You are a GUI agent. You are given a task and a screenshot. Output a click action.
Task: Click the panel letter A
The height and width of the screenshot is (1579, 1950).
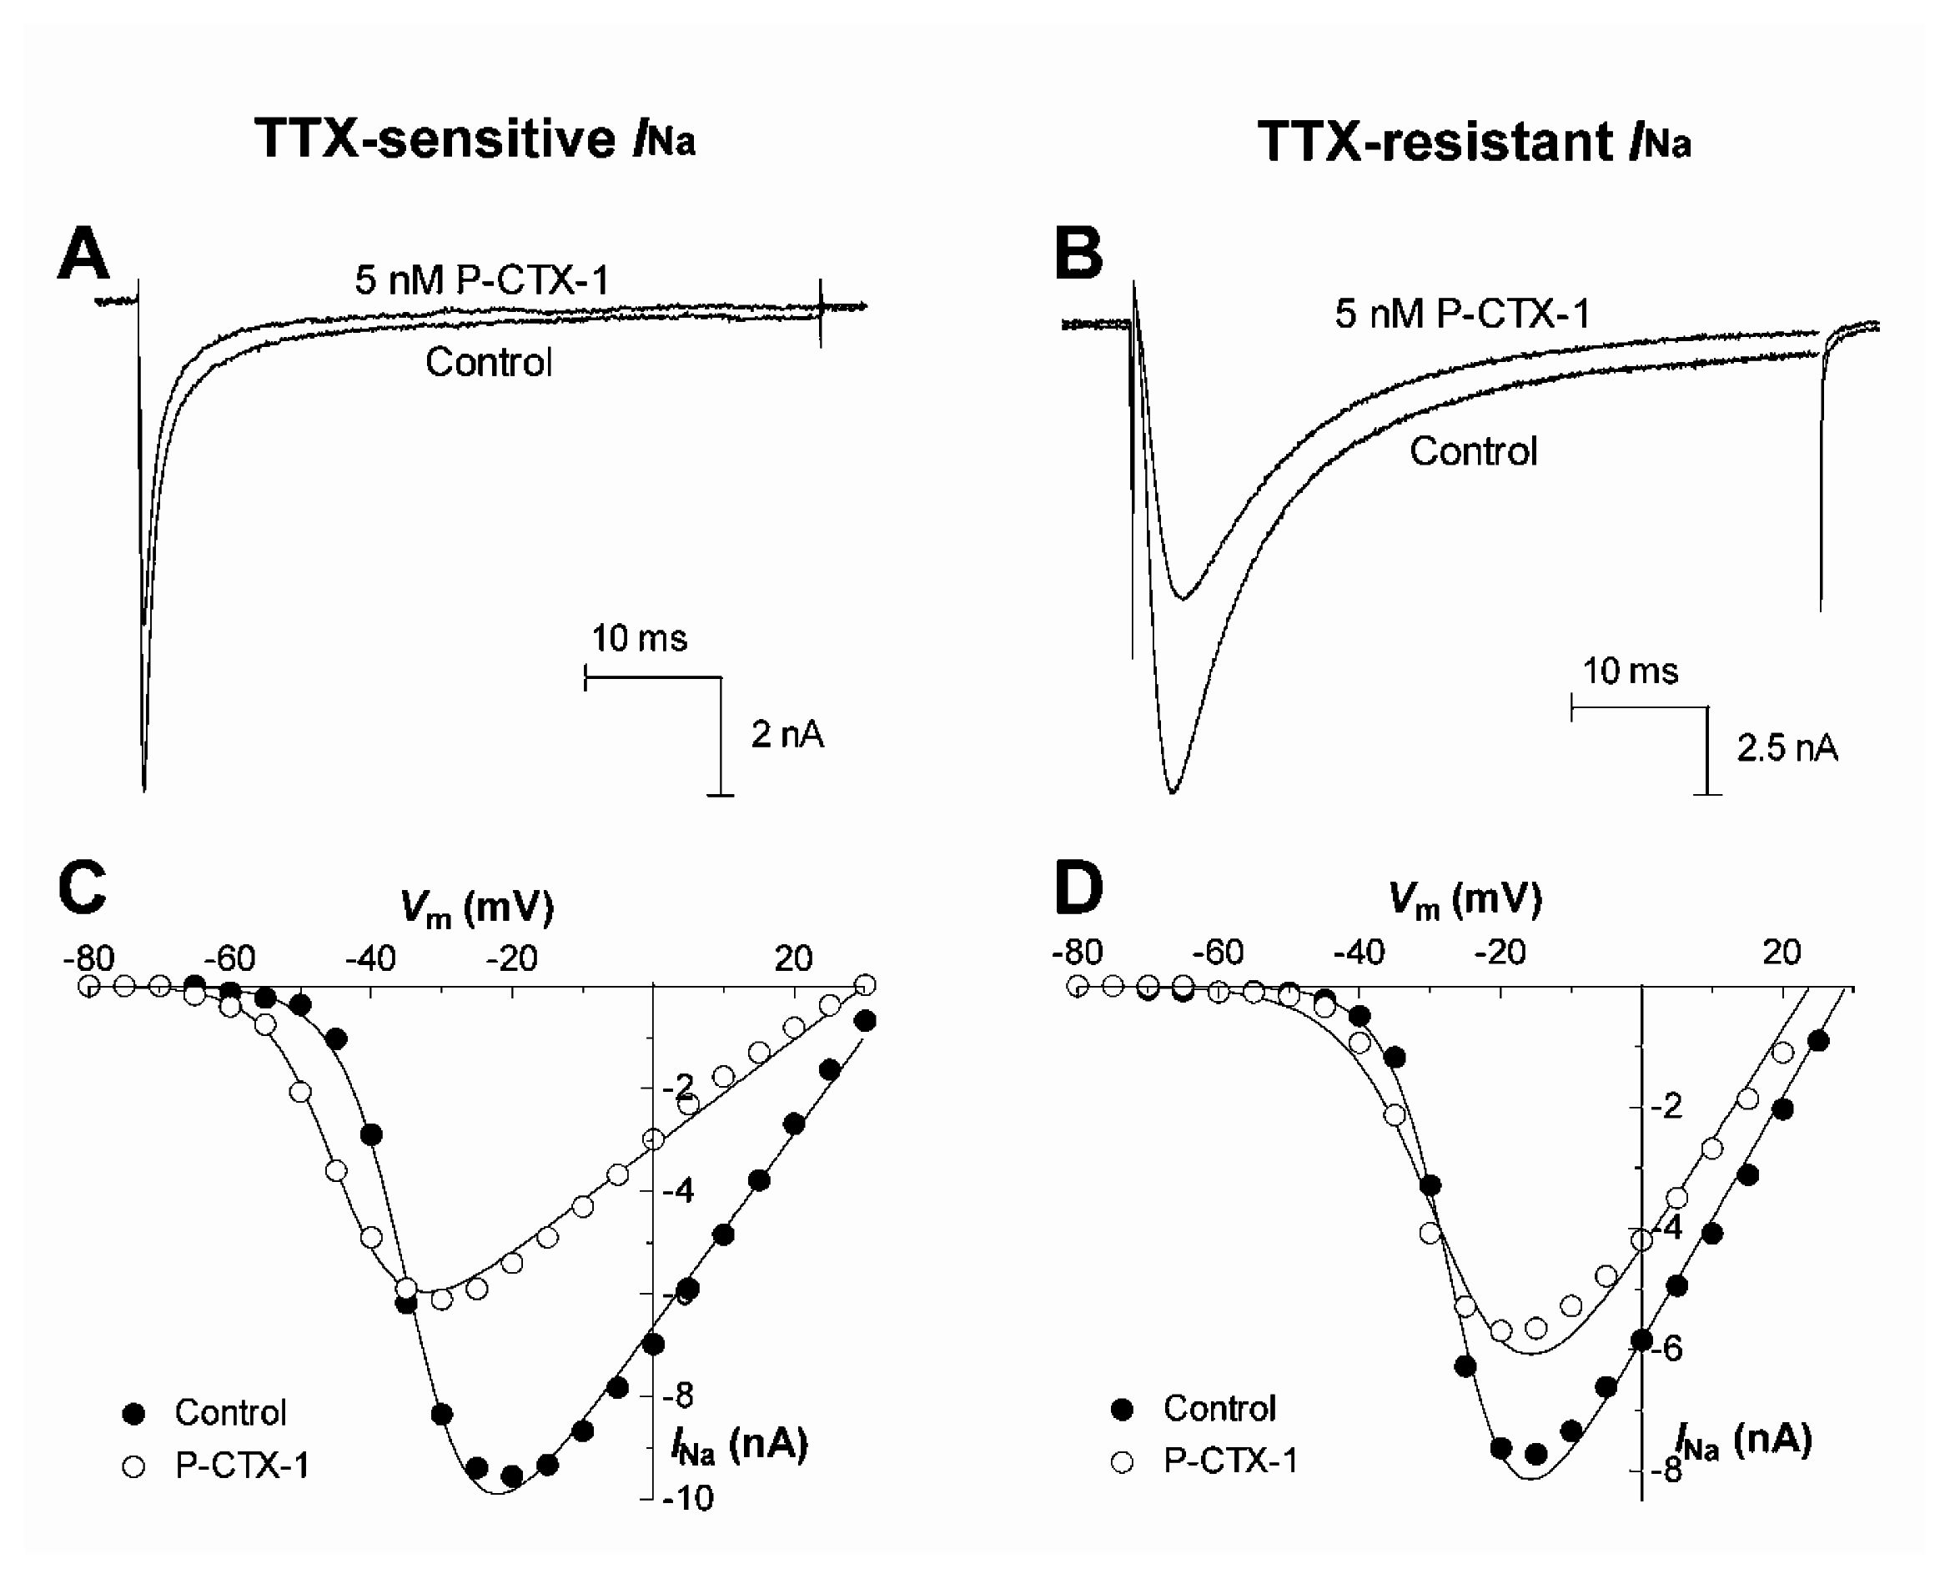point(83,254)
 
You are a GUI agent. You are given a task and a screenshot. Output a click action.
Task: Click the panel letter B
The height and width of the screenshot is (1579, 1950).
point(1078,254)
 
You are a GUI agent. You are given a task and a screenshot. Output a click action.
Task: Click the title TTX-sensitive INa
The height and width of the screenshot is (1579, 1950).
point(475,139)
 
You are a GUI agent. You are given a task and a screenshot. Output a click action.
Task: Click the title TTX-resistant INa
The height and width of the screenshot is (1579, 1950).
point(1474,143)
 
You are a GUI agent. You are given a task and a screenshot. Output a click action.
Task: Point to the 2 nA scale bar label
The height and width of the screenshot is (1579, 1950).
point(787,735)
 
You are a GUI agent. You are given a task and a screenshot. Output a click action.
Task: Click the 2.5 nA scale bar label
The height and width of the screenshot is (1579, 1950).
point(1787,748)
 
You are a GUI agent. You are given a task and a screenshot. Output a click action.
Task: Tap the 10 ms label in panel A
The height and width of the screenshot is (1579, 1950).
point(639,638)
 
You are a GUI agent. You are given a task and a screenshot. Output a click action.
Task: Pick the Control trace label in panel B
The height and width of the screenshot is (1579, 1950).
point(1472,451)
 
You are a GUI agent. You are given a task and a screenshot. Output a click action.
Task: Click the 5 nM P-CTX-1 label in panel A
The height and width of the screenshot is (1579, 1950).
point(481,280)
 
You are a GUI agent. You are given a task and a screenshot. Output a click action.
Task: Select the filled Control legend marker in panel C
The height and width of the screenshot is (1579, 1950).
point(133,1412)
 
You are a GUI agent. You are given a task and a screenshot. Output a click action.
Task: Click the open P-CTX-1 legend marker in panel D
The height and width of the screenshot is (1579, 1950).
point(1123,1461)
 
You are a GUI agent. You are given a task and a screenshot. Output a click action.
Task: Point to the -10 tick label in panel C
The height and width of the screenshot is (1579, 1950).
point(688,1498)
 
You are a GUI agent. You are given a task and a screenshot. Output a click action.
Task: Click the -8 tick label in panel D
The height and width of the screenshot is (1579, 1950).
point(1666,1471)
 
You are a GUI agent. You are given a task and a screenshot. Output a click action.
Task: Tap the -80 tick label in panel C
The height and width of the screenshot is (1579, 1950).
point(89,958)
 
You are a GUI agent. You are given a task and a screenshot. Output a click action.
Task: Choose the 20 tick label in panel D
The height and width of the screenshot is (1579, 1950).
point(1781,953)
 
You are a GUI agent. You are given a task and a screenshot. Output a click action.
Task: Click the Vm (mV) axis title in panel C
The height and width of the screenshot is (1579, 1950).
point(476,908)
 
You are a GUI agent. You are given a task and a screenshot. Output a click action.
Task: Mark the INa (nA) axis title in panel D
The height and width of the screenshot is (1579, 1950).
point(1745,1441)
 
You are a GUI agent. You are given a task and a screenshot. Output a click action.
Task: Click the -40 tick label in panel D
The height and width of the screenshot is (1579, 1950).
point(1359,953)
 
